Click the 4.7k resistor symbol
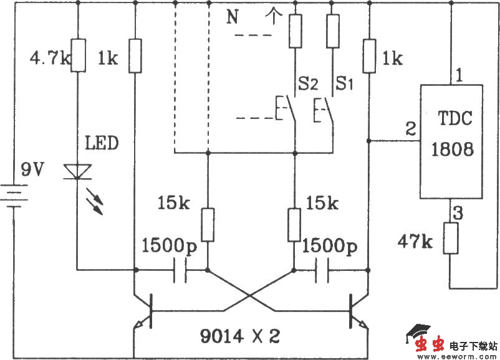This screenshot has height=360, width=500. [x=78, y=55]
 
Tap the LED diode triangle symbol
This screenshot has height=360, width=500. [x=77, y=172]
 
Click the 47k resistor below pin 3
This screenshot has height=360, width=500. [x=451, y=238]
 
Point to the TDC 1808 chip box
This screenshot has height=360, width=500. [x=451, y=142]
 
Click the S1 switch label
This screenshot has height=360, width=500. [x=344, y=83]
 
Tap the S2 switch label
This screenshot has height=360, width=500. [x=308, y=83]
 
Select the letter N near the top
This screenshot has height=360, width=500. [x=233, y=17]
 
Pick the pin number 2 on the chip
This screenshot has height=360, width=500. [x=411, y=128]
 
